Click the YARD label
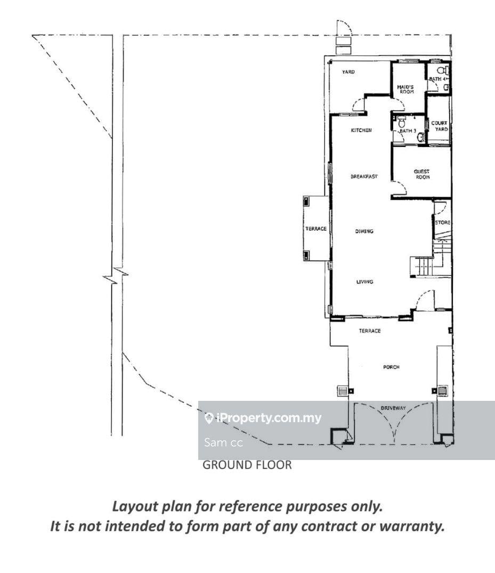click(348, 72)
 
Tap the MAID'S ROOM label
click(405, 89)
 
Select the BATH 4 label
click(437, 79)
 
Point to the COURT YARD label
click(439, 126)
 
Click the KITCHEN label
click(361, 130)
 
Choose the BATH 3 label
click(408, 131)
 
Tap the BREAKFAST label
click(364, 176)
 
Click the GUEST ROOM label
click(422, 174)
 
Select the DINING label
click(364, 231)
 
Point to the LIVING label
click(364, 282)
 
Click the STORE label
click(443, 223)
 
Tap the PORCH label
click(391, 367)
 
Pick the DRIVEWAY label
click(393, 408)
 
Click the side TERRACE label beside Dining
click(316, 229)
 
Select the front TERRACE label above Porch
click(370, 330)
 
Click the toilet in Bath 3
click(402, 122)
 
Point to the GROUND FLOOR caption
click(247, 465)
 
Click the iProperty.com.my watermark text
click(263, 418)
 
